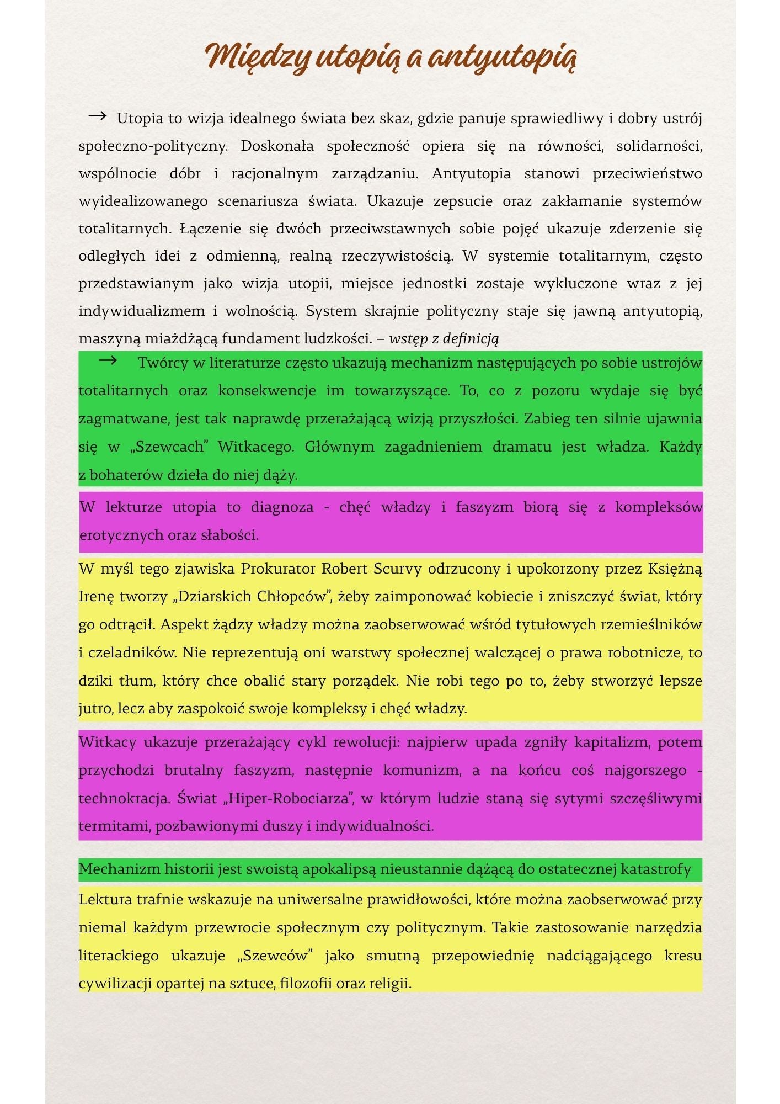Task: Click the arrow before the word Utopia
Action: click(97, 116)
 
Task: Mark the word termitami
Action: click(114, 826)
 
